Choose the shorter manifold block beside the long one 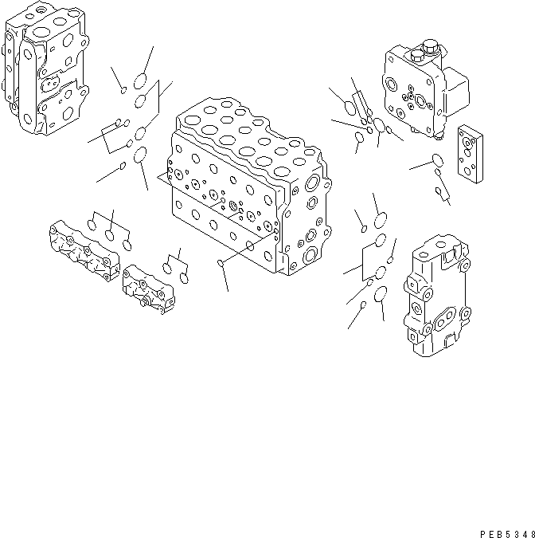coord(148,290)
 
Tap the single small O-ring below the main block coord(221,261)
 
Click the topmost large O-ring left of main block coord(141,81)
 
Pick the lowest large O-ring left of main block coord(140,155)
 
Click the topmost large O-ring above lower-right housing coord(381,219)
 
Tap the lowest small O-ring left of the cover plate coord(438,190)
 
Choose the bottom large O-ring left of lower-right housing coord(381,295)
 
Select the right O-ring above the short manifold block coord(184,278)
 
